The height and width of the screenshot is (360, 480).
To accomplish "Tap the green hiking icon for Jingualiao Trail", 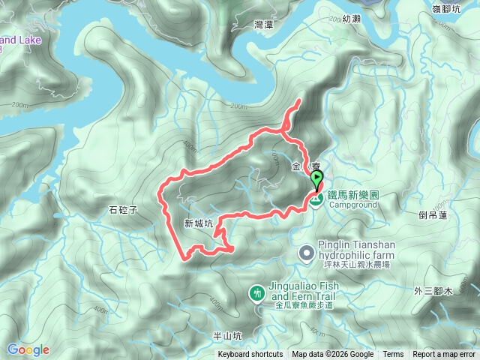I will click(x=258, y=292).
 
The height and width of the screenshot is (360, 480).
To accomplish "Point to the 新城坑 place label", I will click(x=199, y=223).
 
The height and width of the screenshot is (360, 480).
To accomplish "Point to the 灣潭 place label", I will click(x=262, y=26).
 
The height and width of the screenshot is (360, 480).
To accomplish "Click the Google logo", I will click(x=28, y=349).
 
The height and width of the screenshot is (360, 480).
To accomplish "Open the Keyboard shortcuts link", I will click(x=250, y=355).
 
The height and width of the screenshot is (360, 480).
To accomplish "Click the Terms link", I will click(x=393, y=355).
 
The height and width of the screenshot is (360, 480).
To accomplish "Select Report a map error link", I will click(x=445, y=355).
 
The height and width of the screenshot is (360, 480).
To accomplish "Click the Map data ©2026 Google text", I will click(x=332, y=355).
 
